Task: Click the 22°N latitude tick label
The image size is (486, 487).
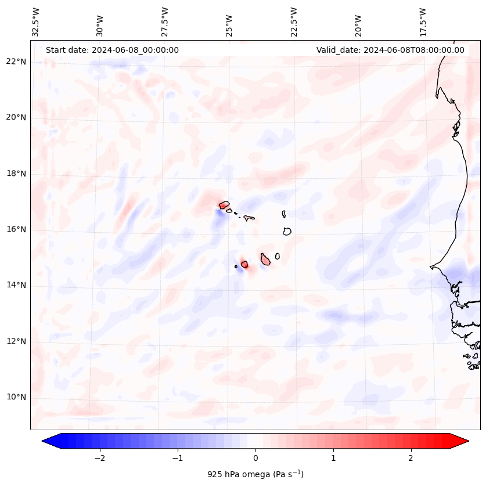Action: pyautogui.click(x=16, y=62)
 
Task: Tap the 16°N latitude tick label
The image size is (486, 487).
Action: pyautogui.click(x=16, y=229)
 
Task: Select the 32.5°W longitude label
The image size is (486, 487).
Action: pyautogui.click(x=36, y=22)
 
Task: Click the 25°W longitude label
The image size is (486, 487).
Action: pyautogui.click(x=230, y=22)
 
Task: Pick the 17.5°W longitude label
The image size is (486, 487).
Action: pyautogui.click(x=423, y=22)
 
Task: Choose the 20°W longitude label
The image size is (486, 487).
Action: pyautogui.click(x=358, y=22)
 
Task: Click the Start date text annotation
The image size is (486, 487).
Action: pyautogui.click(x=112, y=50)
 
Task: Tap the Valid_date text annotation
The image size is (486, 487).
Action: pyautogui.click(x=390, y=50)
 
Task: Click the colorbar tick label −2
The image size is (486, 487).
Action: pyautogui.click(x=99, y=458)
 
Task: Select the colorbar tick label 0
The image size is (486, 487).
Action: pyautogui.click(x=255, y=458)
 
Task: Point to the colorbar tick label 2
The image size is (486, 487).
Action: pyautogui.click(x=411, y=458)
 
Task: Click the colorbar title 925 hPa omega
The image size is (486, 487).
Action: pyautogui.click(x=255, y=474)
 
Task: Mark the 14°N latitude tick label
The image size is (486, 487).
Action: pyautogui.click(x=16, y=285)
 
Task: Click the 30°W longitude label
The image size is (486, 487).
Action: pyautogui.click(x=100, y=22)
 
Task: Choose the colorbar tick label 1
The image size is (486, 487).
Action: pyautogui.click(x=333, y=458)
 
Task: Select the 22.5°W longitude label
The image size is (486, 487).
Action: pyautogui.click(x=294, y=22)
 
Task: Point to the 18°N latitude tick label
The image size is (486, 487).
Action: pyautogui.click(x=16, y=174)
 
